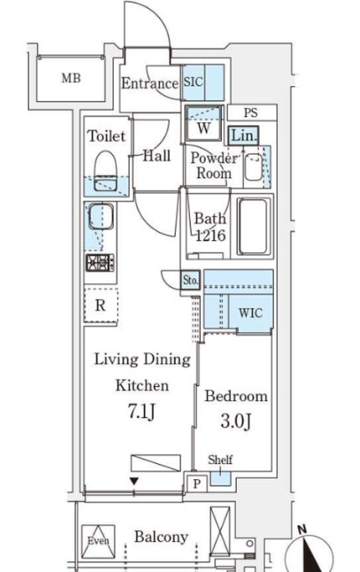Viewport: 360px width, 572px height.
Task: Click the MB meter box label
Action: [71, 78]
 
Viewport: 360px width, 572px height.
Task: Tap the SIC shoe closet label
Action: [193, 82]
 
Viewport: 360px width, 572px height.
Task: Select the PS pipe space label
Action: [250, 113]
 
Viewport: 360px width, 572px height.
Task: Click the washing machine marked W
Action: [203, 123]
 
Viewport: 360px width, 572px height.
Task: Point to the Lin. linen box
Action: [244, 136]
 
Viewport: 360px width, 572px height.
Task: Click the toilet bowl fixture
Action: [105, 171]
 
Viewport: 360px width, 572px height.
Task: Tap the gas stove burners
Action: [100, 263]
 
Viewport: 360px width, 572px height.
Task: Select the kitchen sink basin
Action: [100, 216]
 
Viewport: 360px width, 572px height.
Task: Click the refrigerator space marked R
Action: [100, 305]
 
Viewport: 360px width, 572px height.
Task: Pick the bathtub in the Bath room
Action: [255, 227]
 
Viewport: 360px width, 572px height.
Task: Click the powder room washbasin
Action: [253, 167]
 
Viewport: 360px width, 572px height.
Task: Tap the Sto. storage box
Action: [190, 280]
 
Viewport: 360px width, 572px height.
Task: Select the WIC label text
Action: [250, 312]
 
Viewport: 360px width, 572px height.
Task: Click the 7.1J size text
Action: [141, 412]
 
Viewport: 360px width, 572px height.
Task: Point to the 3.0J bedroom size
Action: [235, 421]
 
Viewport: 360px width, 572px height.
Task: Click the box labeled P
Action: [197, 484]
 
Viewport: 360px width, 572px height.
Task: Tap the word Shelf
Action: [220, 460]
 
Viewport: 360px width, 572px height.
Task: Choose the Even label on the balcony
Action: [98, 541]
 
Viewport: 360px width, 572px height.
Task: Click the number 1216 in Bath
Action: [210, 235]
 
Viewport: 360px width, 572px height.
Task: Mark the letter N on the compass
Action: [301, 529]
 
